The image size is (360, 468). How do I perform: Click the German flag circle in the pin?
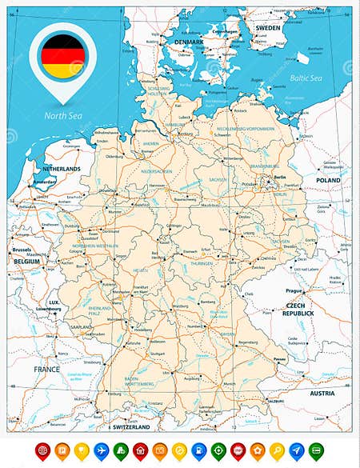[62, 55]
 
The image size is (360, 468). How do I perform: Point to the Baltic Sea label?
[306, 78]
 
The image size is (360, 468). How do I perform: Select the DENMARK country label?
[189, 42]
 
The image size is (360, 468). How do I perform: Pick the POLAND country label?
[328, 181]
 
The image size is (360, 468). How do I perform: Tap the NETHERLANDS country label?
[62, 170]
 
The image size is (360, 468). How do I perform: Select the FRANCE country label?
[46, 369]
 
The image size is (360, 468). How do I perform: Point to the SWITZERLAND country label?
[132, 429]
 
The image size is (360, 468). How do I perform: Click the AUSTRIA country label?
[322, 393]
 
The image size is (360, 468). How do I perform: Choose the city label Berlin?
[279, 178]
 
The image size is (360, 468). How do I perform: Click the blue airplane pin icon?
[101, 450]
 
